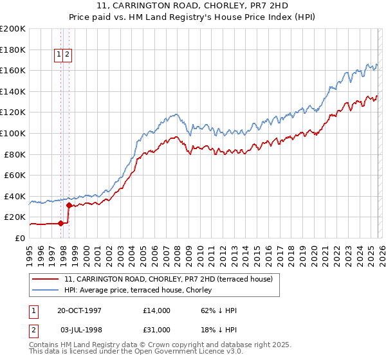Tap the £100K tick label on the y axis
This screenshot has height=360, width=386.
[12, 133]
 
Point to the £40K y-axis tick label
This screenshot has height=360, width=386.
[14, 196]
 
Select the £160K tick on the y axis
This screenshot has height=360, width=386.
[12, 70]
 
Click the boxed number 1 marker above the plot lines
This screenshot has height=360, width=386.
[59, 55]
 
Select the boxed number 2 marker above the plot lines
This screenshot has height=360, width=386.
[67, 55]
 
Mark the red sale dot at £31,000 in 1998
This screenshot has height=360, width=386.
[69, 206]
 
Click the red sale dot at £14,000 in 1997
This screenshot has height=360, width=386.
[61, 224]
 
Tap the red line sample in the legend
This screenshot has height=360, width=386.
[46, 279]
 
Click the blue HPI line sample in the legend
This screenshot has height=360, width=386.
[46, 289]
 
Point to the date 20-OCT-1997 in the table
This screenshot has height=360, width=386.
[84, 310]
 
